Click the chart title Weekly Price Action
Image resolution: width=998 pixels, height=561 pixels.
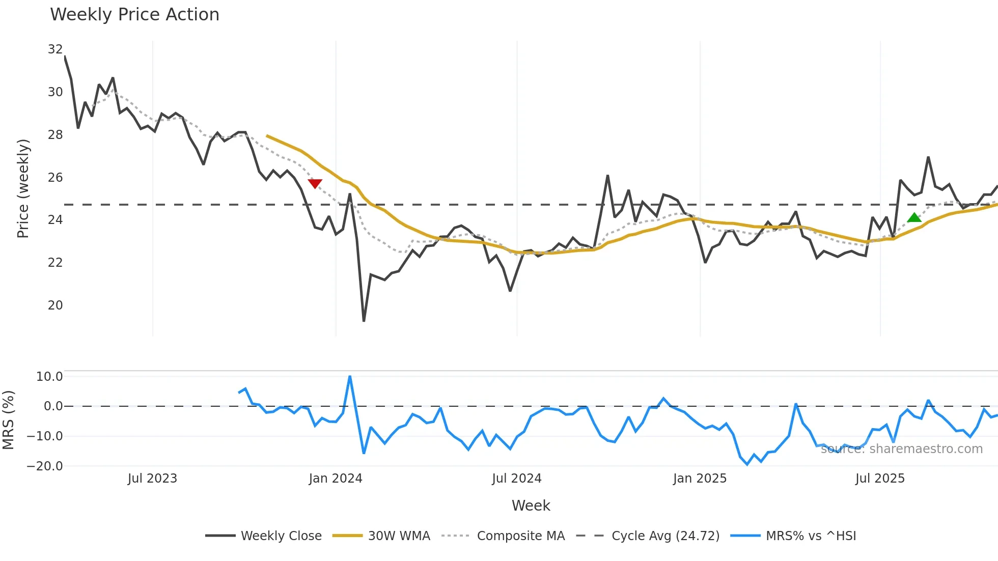click(x=134, y=15)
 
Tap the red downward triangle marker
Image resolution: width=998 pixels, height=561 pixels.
click(x=315, y=184)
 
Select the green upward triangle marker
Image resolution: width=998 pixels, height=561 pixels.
click(x=914, y=218)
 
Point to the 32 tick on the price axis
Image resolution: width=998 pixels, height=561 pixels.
click(x=55, y=49)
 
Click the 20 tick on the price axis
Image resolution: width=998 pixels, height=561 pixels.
click(x=55, y=305)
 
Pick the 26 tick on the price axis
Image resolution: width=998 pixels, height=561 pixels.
click(x=55, y=178)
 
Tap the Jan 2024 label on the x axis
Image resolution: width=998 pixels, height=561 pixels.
click(x=336, y=479)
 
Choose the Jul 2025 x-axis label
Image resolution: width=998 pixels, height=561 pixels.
click(x=880, y=479)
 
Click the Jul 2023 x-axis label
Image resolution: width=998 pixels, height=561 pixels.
click(x=152, y=479)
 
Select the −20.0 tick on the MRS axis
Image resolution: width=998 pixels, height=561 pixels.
click(x=45, y=466)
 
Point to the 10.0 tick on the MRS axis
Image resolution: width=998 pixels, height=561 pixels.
click(x=49, y=377)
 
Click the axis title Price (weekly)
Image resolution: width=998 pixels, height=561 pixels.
click(x=23, y=188)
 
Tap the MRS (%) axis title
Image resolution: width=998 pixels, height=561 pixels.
click(x=8, y=420)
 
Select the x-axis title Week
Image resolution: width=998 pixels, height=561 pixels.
click(x=531, y=506)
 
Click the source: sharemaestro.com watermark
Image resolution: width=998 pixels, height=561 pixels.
click(x=901, y=449)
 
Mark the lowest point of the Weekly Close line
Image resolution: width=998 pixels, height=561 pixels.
click(x=364, y=321)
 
